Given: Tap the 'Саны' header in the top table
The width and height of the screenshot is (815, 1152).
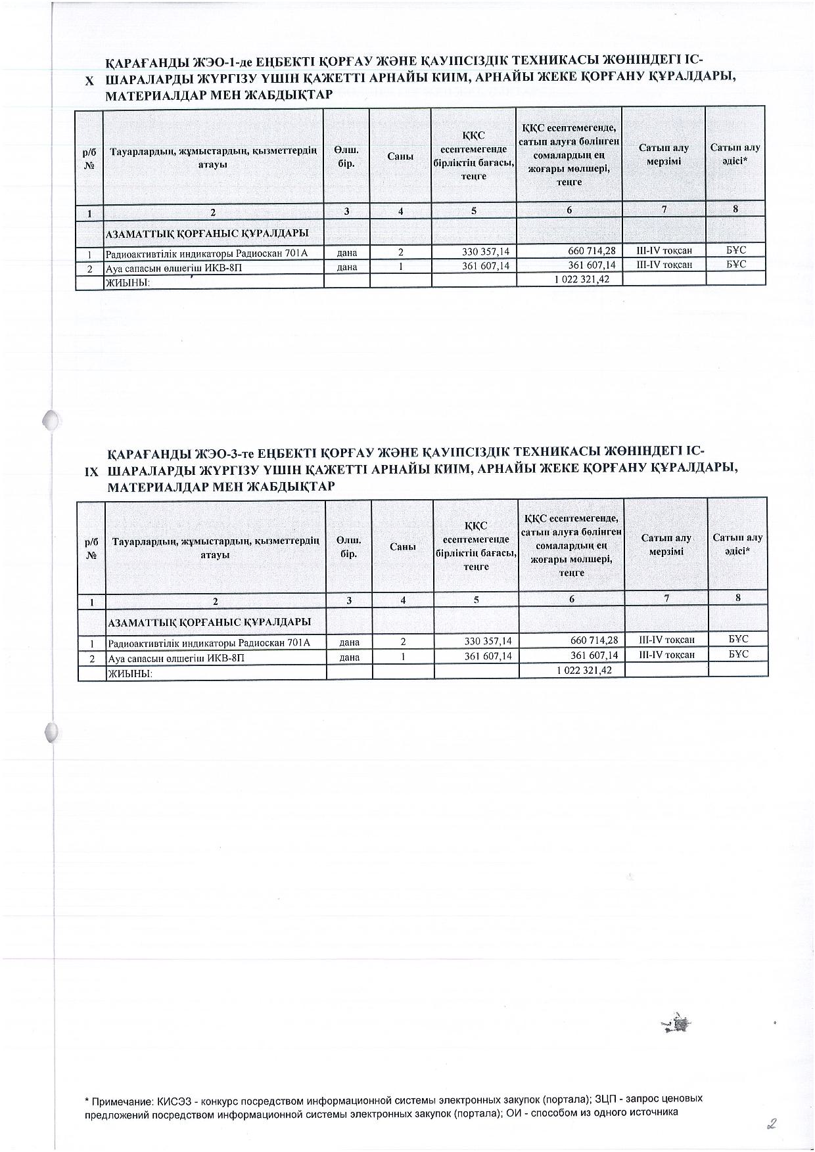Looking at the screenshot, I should coord(400,156).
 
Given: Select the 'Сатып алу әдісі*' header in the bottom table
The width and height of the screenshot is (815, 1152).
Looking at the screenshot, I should coord(737,544).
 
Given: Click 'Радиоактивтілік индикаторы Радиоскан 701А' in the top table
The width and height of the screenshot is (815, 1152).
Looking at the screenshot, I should coord(206,253).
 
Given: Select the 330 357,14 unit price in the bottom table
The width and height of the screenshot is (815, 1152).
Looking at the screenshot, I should coord(487,640).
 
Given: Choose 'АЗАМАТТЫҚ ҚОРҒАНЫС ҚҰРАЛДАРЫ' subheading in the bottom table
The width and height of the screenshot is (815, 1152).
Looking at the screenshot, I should coord(209,621).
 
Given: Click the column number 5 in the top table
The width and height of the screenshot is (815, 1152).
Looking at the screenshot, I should coord(473,211).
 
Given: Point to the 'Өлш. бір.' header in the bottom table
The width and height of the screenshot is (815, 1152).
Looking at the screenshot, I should coord(348,546).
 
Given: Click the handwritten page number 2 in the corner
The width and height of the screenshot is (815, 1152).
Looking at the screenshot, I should coord(772,1124).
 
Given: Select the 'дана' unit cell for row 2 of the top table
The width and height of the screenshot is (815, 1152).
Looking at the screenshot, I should coord(346,267).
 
